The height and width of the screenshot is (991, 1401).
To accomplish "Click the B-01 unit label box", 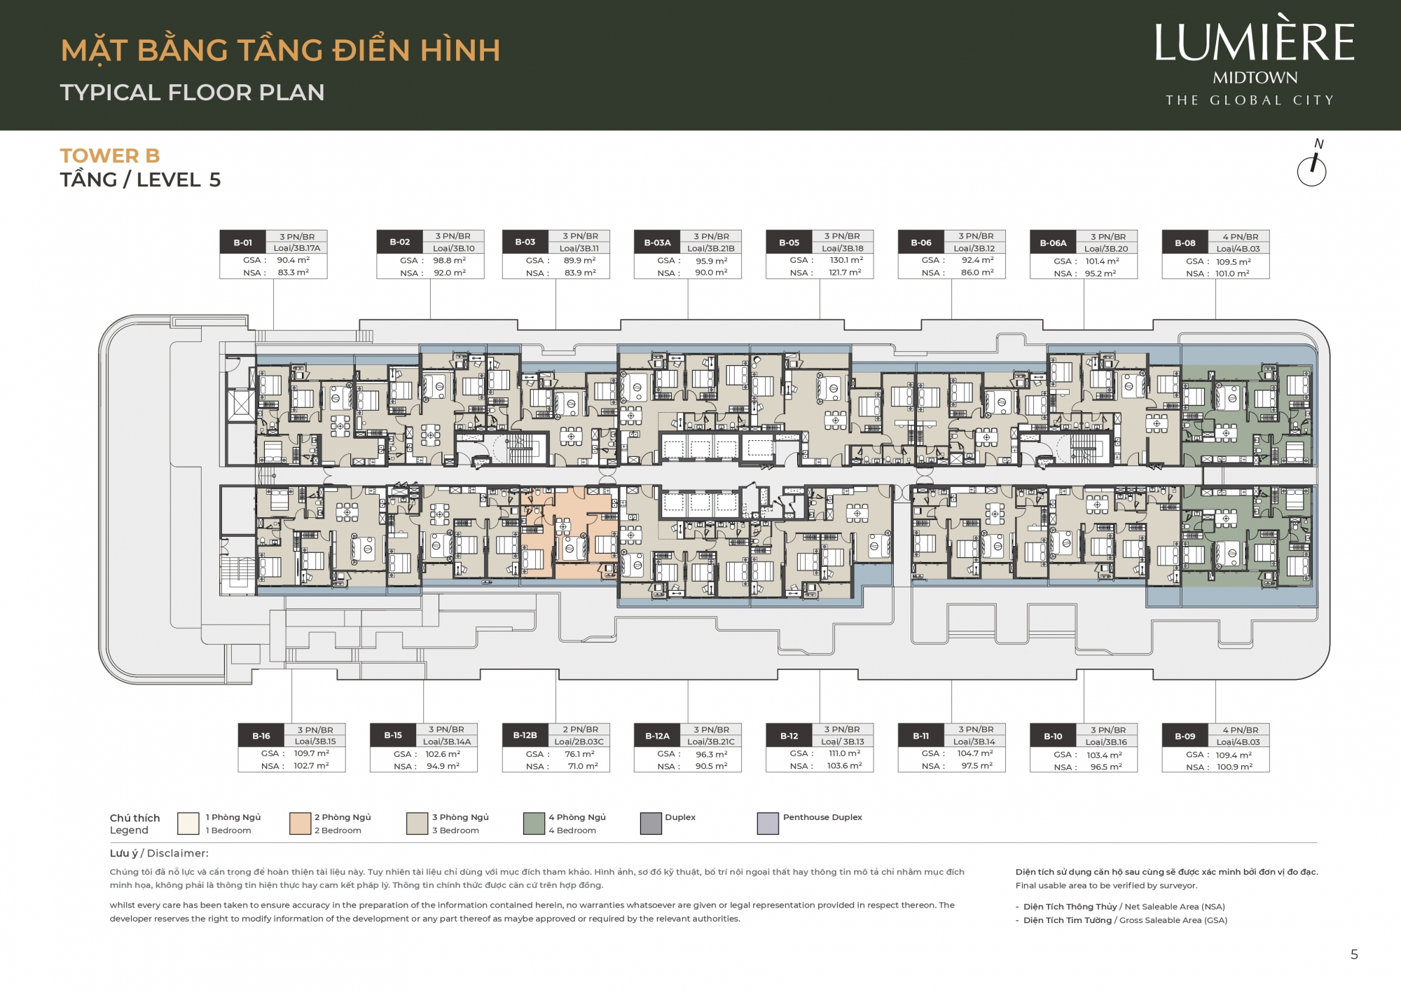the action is tap(243, 242).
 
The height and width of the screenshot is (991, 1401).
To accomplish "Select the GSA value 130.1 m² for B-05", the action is tap(846, 260).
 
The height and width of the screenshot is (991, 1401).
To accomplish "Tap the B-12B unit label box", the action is tap(525, 735).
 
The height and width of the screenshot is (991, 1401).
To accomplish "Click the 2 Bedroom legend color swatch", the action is tap(300, 823).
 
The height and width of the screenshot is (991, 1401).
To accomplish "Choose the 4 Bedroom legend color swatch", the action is tap(534, 823).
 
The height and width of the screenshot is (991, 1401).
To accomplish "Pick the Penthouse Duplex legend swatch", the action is tap(768, 823).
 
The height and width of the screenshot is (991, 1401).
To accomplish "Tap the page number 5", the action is tap(1354, 955).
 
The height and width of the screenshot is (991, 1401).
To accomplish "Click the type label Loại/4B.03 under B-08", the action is tap(1238, 249).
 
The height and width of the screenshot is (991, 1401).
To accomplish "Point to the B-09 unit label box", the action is tap(1185, 736).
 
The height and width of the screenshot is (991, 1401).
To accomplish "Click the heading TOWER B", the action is tap(110, 156).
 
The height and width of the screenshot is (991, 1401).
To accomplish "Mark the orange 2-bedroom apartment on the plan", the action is tap(569, 533).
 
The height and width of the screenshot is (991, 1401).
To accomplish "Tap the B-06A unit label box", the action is tap(1053, 243).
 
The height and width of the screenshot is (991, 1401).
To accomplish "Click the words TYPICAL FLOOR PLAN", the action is tap(193, 93).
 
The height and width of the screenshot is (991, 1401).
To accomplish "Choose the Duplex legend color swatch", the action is tap(651, 823).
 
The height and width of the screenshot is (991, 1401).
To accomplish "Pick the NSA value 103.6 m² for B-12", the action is tap(844, 766).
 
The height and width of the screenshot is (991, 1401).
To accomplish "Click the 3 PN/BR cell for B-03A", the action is tap(711, 237).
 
